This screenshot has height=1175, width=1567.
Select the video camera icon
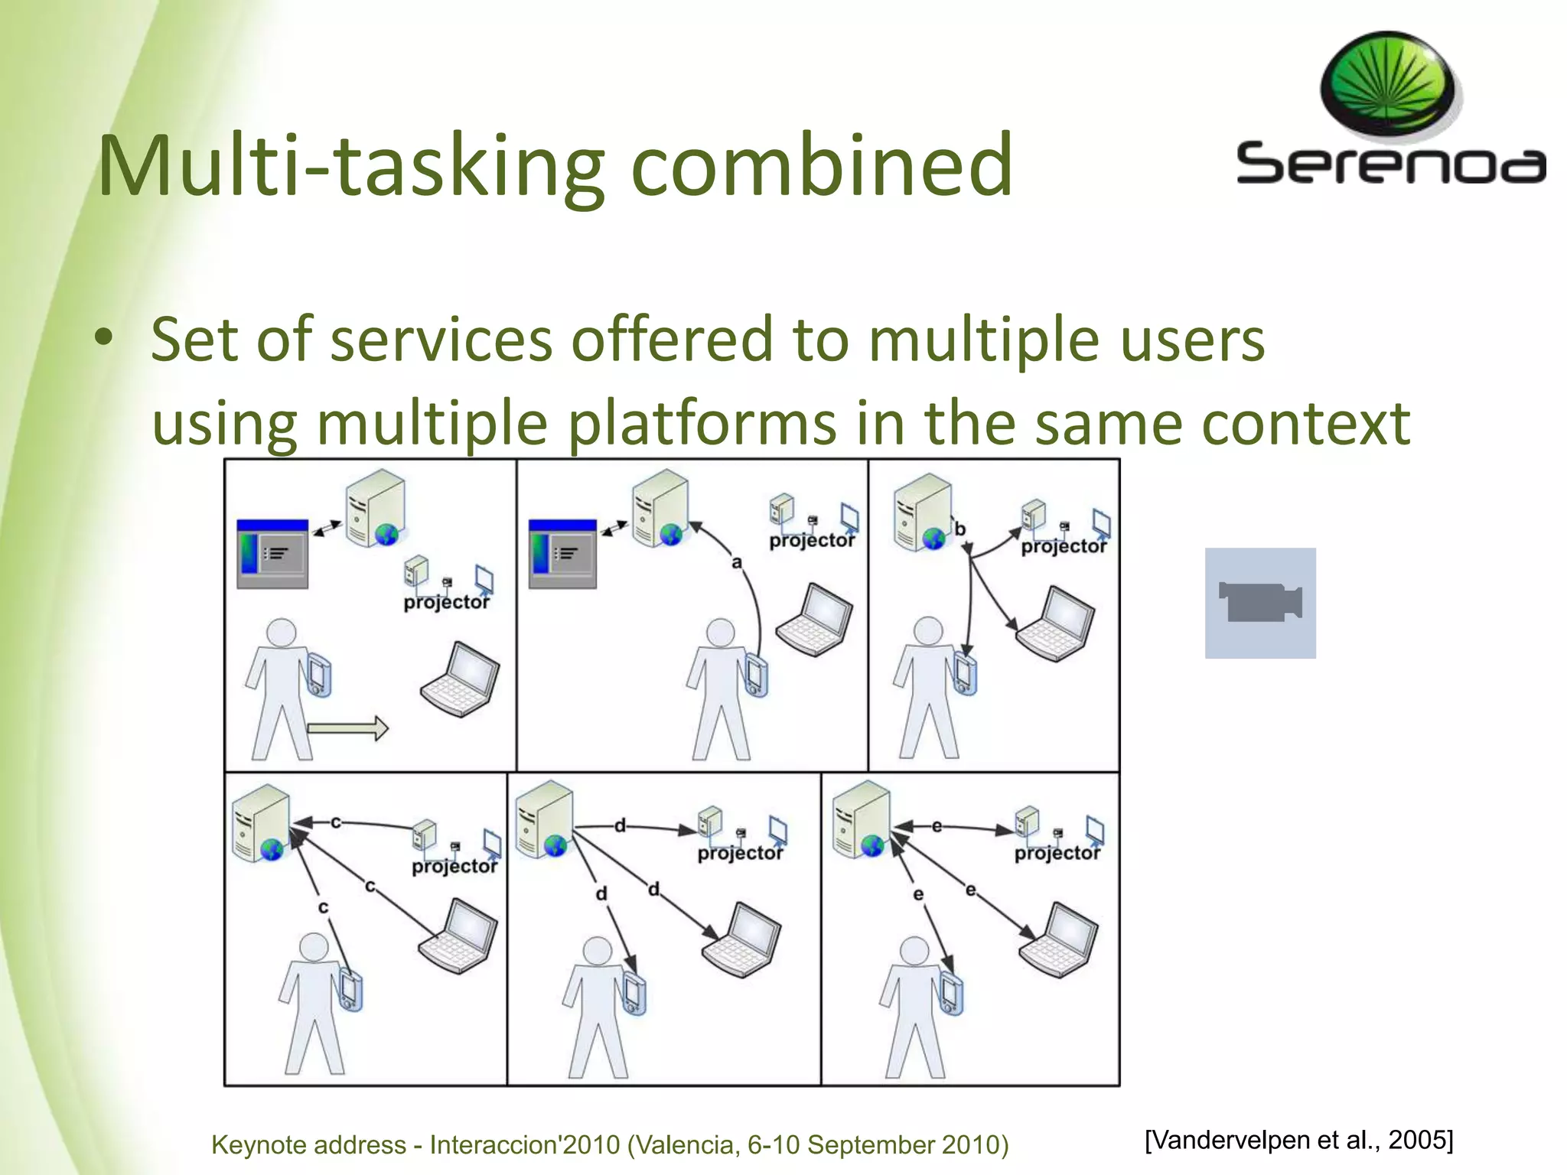[1260, 603]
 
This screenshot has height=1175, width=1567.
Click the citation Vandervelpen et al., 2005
[1298, 1140]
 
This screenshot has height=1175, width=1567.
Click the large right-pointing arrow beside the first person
[348, 728]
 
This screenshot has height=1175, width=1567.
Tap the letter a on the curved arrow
[736, 562]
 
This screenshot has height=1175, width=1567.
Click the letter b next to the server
[959, 529]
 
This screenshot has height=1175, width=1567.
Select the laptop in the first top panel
[461, 681]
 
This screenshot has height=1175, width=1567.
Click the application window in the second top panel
[562, 554]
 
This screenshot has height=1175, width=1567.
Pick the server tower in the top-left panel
[374, 508]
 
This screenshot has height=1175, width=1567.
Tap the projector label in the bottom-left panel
[454, 866]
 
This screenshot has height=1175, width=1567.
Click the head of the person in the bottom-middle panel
[597, 951]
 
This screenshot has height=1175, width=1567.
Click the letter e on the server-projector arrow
[937, 826]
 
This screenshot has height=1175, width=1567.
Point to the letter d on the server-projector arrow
[620, 825]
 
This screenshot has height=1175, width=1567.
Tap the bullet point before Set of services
[104, 338]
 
